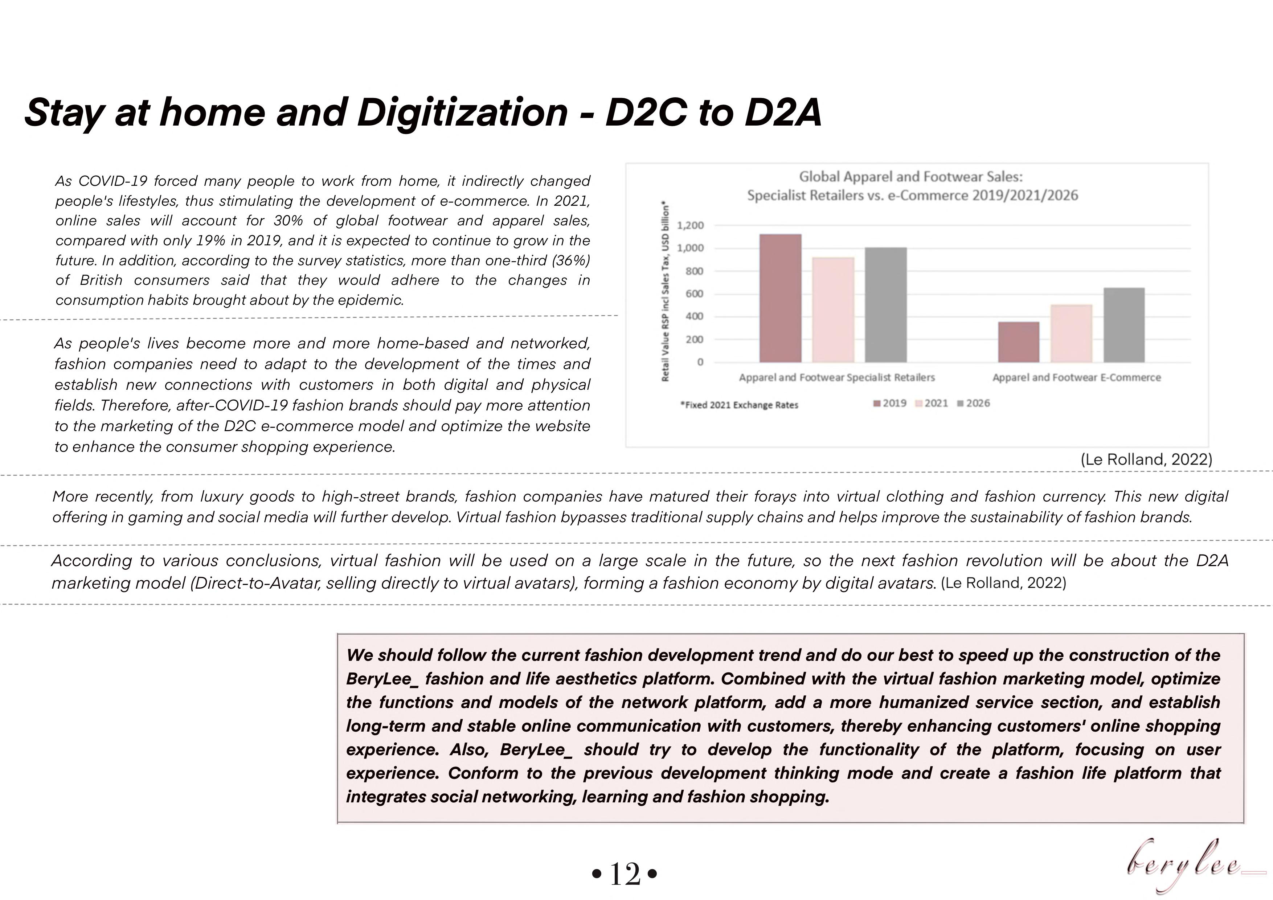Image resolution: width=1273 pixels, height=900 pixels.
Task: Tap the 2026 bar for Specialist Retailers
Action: point(885,304)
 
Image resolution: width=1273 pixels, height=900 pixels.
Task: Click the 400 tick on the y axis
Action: point(694,317)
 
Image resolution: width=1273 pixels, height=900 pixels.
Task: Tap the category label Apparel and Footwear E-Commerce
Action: point(1076,378)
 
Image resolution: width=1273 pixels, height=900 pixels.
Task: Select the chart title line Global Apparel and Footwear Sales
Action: point(910,177)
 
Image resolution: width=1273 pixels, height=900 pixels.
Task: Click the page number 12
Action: point(625,874)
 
